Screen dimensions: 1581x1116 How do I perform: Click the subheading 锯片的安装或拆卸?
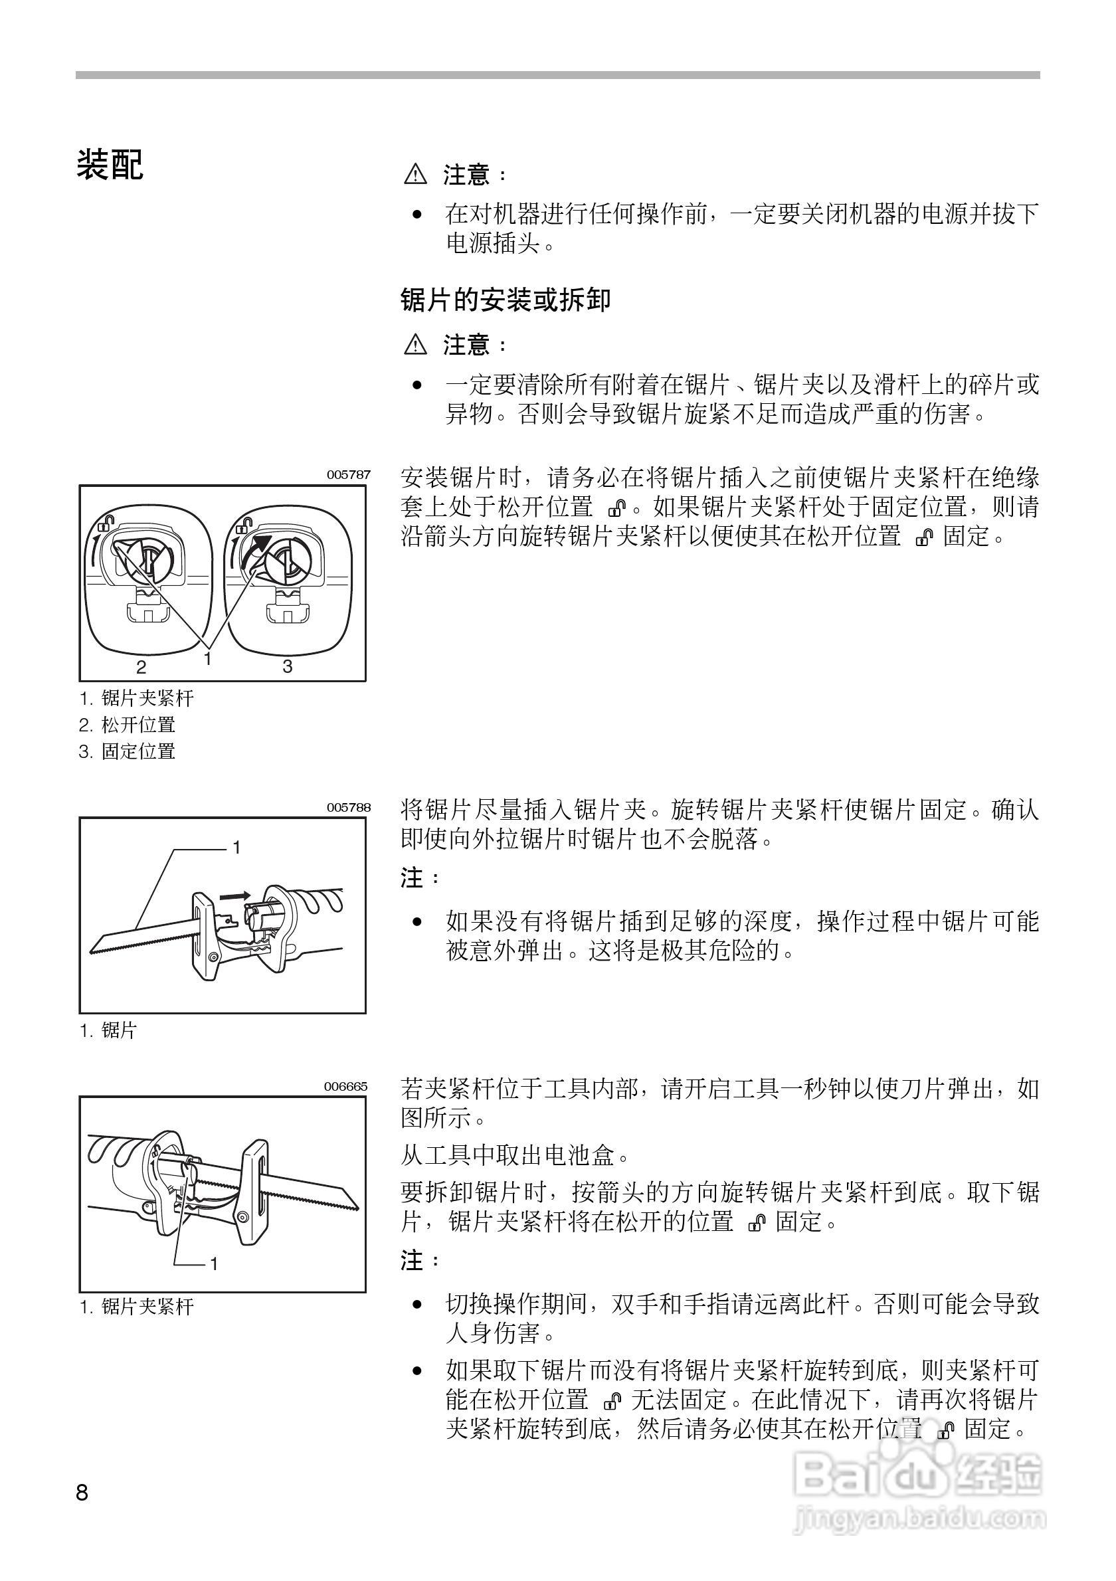506,300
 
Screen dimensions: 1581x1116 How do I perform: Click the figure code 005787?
348,474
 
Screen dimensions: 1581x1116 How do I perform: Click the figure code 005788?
348,807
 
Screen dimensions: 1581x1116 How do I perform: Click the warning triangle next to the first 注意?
416,174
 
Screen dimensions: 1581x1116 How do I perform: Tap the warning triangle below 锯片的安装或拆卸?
416,343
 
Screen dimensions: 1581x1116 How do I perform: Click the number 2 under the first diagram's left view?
141,666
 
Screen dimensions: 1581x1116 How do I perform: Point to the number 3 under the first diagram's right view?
288,666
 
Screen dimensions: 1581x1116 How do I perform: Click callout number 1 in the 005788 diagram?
236,848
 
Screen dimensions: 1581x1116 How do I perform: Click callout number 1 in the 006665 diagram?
214,1263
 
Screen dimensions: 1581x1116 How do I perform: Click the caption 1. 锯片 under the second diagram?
109,1031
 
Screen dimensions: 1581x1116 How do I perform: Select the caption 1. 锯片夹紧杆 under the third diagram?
137,1307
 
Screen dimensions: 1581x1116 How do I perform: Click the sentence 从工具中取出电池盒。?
515,1154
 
